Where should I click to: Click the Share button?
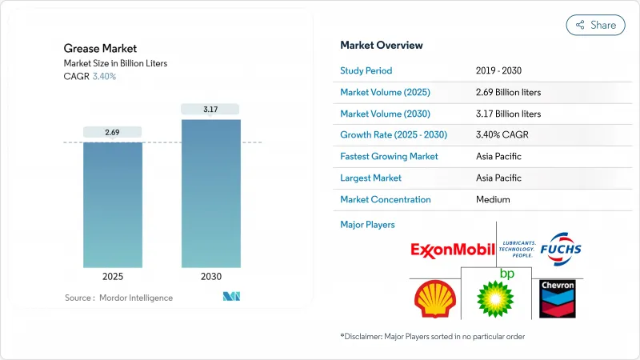pos(596,25)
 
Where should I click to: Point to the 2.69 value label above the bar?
pos(113,131)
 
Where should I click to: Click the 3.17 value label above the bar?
pos(210,109)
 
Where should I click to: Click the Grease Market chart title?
pos(100,49)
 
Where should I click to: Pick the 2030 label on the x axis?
pos(210,277)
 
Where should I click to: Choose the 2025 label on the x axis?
pos(113,277)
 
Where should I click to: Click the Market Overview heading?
pos(382,45)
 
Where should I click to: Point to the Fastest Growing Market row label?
pos(389,157)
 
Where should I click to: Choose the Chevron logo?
pos(558,297)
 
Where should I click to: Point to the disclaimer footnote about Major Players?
pos(432,336)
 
